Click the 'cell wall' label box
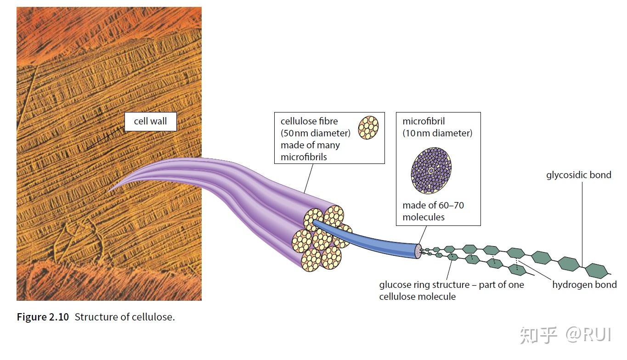pyautogui.click(x=151, y=121)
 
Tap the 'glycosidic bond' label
pyautogui.click(x=579, y=175)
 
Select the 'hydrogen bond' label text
pyautogui.click(x=584, y=285)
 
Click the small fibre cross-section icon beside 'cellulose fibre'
pyautogui.click(x=368, y=128)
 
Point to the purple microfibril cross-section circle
pyautogui.click(x=431, y=171)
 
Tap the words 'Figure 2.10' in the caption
pyautogui.click(x=43, y=317)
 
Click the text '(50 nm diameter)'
pyautogui.click(x=316, y=133)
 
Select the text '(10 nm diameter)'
pyautogui.click(x=437, y=133)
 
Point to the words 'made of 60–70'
pyautogui.click(x=433, y=205)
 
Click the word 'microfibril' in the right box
pyautogui.click(x=424, y=121)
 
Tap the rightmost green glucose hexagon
pyautogui.click(x=597, y=270)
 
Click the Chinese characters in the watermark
pyautogui.click(x=538, y=335)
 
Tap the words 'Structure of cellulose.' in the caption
pyautogui.click(x=125, y=317)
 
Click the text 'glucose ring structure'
pyautogui.click(x=424, y=285)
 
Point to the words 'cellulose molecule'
pyautogui.click(x=418, y=297)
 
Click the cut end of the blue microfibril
pyautogui.click(x=418, y=251)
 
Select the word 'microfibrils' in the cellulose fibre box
pyautogui.click(x=304, y=157)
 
